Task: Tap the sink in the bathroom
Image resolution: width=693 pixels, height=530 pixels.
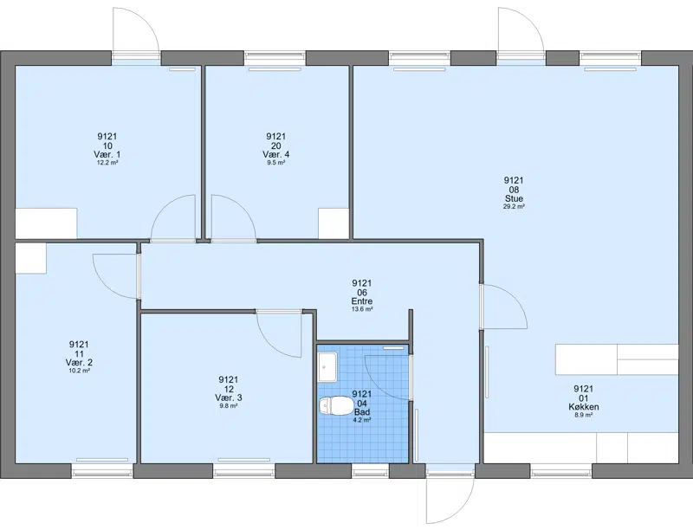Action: coord(327,367)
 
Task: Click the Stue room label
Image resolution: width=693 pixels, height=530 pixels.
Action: coord(514,199)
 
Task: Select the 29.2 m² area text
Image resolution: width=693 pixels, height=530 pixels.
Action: coord(514,206)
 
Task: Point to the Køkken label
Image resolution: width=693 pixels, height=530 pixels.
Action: coord(583,407)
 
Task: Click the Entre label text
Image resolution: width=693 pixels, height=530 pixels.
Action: coord(362,301)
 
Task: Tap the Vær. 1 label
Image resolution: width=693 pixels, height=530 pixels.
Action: coord(107,154)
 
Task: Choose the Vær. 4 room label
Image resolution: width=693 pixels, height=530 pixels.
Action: coord(276,154)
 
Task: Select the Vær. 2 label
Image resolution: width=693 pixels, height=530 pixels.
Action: coord(79,363)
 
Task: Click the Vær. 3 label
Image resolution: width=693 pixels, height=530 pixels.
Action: coord(229,398)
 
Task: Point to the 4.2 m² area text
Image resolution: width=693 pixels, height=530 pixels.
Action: coord(362,420)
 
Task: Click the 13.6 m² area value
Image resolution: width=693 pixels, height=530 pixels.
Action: coord(362,309)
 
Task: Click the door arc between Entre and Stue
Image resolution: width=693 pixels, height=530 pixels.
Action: coord(514,297)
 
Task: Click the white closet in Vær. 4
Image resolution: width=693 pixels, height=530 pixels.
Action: coord(334,223)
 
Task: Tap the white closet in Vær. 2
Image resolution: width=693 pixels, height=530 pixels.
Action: coord(31,258)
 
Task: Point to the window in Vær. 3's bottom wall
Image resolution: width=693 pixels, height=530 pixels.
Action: coord(244,472)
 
